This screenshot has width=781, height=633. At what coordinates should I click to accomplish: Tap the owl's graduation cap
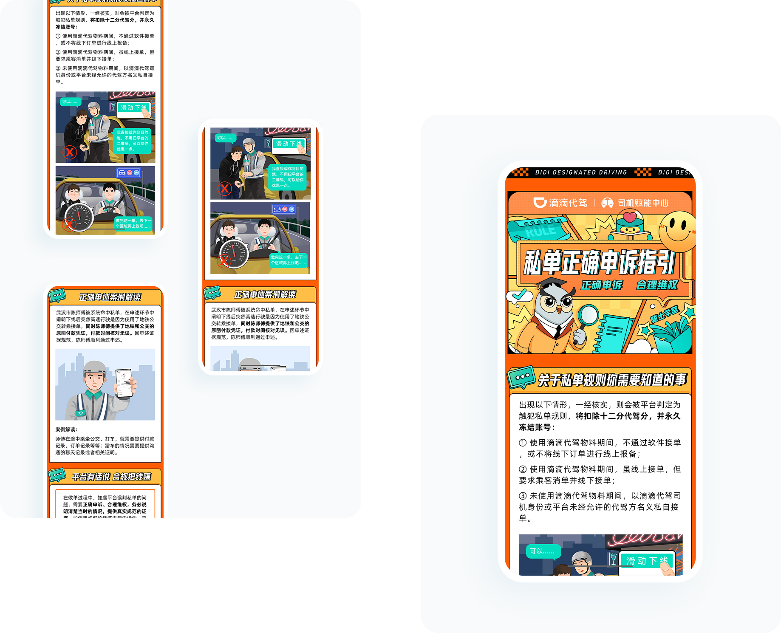[551, 284]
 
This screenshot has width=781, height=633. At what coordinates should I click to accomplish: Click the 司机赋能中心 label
[642, 203]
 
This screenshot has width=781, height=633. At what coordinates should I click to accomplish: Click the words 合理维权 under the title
[657, 285]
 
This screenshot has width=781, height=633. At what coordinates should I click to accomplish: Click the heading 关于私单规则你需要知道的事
[612, 380]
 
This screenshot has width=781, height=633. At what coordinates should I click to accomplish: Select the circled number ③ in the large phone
[523, 496]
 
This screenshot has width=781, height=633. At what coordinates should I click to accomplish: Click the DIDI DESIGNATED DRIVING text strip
[581, 172]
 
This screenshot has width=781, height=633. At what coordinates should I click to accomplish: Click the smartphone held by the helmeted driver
[124, 383]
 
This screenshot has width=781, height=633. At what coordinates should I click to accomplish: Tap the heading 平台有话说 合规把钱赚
[111, 477]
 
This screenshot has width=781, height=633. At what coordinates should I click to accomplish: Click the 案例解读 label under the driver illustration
[66, 430]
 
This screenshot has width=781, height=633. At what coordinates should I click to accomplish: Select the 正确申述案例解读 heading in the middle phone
[265, 294]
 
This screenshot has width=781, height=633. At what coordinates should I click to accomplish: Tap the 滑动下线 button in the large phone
[646, 561]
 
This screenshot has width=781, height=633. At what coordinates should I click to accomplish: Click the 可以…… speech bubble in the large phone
[543, 551]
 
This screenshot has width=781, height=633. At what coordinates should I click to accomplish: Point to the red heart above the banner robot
[630, 218]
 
